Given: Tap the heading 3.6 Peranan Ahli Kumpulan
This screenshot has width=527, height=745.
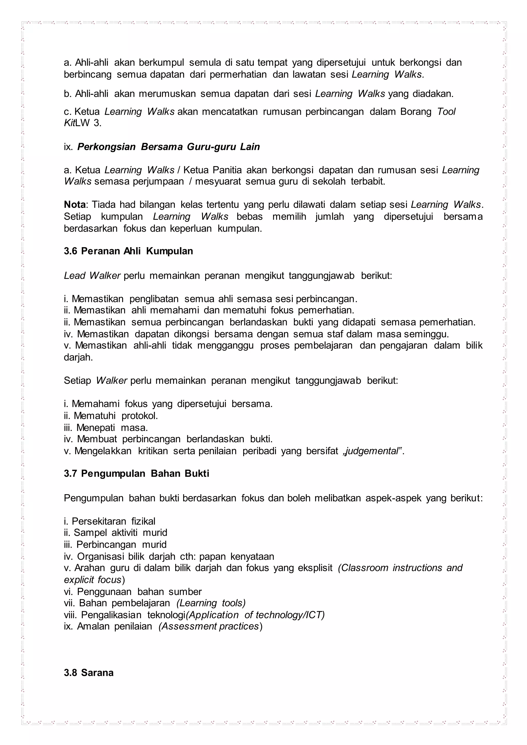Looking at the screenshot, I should coord(128,251).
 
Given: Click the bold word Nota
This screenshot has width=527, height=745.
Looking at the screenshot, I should coord(75,205).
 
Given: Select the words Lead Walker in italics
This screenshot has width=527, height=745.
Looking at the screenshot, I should coord(92,276).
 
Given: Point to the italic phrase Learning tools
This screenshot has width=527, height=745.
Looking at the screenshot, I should coord(211,603).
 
